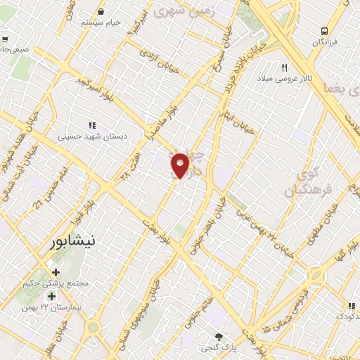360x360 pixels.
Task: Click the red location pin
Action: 181,165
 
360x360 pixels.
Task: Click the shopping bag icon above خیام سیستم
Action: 103,11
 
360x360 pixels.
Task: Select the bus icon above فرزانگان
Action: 324,31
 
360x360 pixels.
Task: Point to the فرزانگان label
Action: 324,42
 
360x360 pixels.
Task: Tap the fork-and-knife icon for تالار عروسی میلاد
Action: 285,68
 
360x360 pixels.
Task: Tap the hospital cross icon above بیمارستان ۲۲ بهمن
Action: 52,296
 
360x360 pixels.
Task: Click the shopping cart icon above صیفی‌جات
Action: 5,39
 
